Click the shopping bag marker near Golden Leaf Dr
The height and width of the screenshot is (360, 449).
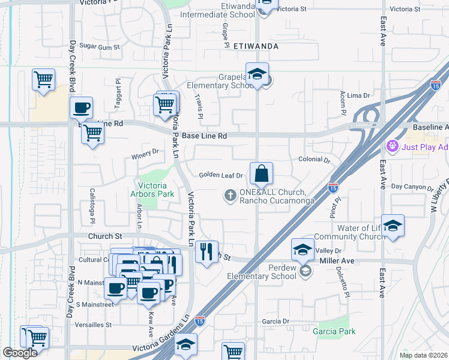click(x=261, y=174)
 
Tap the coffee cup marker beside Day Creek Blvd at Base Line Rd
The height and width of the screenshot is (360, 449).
click(x=81, y=109)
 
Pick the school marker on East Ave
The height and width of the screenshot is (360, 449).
click(x=393, y=226)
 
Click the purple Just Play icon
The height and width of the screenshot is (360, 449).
click(x=393, y=145)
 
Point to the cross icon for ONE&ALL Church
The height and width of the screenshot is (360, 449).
click(x=229, y=195)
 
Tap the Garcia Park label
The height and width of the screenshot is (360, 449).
click(x=334, y=331)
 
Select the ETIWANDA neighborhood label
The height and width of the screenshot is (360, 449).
click(x=256, y=45)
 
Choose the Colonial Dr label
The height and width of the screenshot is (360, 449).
click(x=315, y=160)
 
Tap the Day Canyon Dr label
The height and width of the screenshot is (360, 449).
click(x=412, y=187)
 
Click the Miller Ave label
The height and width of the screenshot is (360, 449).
click(x=338, y=261)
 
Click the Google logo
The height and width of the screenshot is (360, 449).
click(x=20, y=353)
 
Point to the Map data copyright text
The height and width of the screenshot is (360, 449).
click(x=423, y=355)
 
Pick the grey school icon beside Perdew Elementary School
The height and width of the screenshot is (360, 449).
click(x=306, y=272)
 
